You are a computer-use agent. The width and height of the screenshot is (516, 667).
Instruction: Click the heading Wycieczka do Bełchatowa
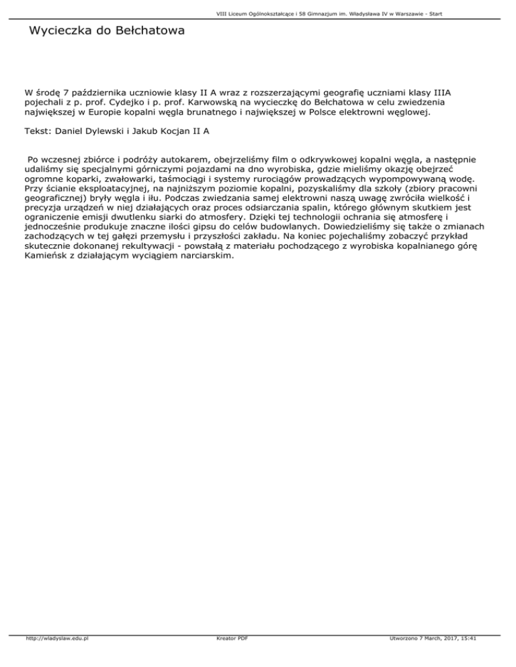[x=106, y=32]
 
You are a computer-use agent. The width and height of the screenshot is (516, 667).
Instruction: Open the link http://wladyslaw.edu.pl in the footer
[x=57, y=658]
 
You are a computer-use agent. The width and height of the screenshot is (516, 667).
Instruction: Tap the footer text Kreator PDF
[x=228, y=658]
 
